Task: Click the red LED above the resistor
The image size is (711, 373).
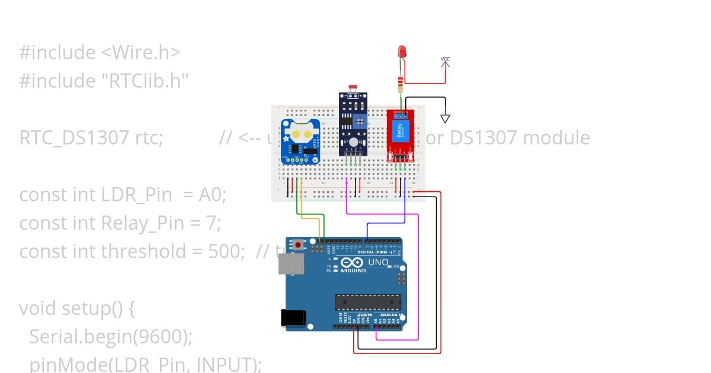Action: tap(402, 52)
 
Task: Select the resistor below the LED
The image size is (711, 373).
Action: tap(402, 85)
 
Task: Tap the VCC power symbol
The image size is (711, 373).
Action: tap(446, 60)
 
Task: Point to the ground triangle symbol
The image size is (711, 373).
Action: tap(445, 118)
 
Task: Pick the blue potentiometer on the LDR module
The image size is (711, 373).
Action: tap(360, 121)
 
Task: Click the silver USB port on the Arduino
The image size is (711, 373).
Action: tap(291, 264)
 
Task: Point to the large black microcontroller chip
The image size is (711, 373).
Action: tap(367, 302)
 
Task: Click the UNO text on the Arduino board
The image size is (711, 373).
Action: tap(379, 262)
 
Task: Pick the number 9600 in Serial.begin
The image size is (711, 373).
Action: tap(162, 337)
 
